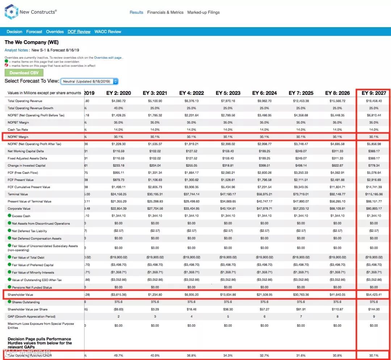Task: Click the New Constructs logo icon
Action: coord(11,12)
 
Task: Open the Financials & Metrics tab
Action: coord(165,12)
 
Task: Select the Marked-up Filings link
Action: coord(203,12)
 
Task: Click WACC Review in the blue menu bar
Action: coord(108,32)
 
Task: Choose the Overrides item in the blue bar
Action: coord(55,32)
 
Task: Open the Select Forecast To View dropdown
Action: coord(89,81)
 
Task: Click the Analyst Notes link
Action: coord(16,50)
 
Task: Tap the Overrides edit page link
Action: coord(108,58)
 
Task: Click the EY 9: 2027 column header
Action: coord(374,93)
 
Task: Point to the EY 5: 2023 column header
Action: coord(228,93)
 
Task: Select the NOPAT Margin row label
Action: coord(18,137)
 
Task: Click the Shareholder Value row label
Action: coord(20,295)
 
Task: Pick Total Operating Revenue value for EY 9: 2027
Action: coord(374,101)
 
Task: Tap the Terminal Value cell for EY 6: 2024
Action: coord(264,194)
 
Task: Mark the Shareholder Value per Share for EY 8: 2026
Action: coord(337,309)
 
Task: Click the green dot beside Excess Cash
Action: coord(9,216)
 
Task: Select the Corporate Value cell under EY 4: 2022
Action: coord(192,209)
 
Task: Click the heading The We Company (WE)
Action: coord(31,42)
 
